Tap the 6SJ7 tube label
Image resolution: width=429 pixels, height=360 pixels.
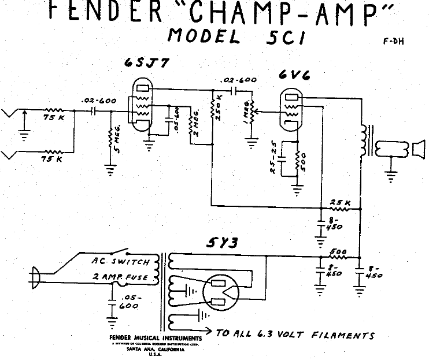[x=147, y=64]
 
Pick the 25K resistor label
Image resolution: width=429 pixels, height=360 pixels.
[x=340, y=202]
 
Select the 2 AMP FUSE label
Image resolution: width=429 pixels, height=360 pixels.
[x=121, y=278]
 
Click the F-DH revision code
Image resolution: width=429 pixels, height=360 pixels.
[x=393, y=42]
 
